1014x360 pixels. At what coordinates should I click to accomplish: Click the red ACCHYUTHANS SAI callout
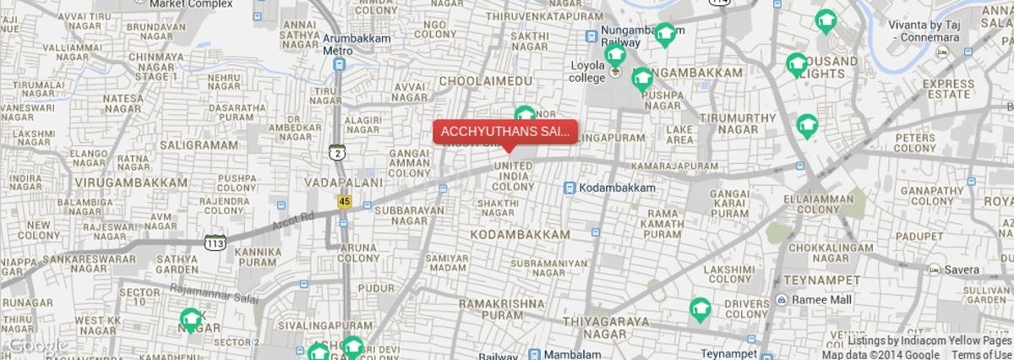pyautogui.click(x=504, y=132)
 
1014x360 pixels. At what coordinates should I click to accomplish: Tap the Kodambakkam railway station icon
pyautogui.click(x=570, y=187)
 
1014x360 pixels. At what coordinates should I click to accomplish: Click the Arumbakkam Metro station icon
pyautogui.click(x=340, y=63)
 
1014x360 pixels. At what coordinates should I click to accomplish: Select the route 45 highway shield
pyautogui.click(x=344, y=202)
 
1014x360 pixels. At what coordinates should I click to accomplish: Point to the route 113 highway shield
pyautogui.click(x=214, y=243)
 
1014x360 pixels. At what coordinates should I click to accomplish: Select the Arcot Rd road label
pyautogui.click(x=294, y=221)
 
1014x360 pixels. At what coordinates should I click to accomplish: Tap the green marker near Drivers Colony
pyautogui.click(x=700, y=310)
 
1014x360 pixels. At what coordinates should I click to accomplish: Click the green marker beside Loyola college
pyautogui.click(x=615, y=57)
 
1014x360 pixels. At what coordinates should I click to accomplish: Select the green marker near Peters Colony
pyautogui.click(x=807, y=126)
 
